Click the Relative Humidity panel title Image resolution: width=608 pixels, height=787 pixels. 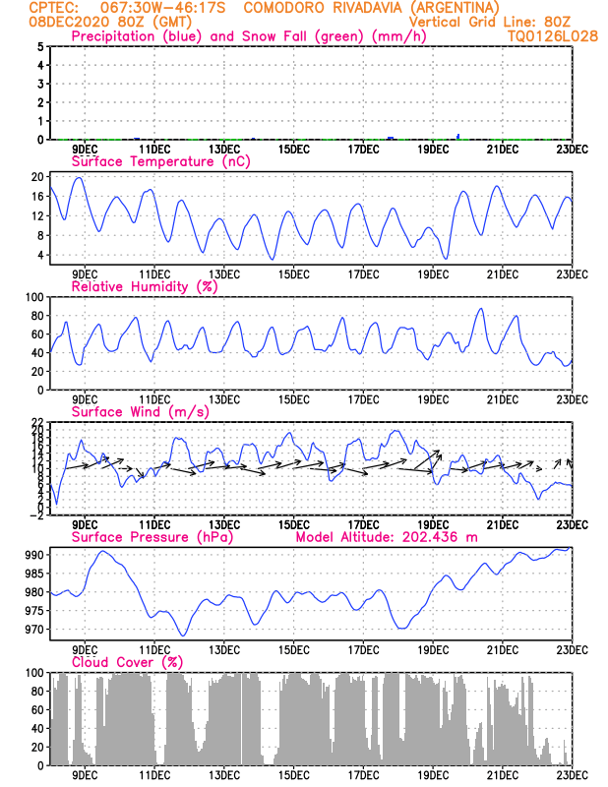click(143, 286)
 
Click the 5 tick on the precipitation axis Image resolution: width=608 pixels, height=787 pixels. click(39, 46)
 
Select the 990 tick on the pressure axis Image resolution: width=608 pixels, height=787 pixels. click(33, 555)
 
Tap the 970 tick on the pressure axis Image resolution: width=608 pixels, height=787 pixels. click(33, 630)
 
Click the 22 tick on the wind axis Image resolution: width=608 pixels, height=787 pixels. click(36, 422)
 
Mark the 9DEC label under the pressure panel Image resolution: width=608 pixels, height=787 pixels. click(85, 650)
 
